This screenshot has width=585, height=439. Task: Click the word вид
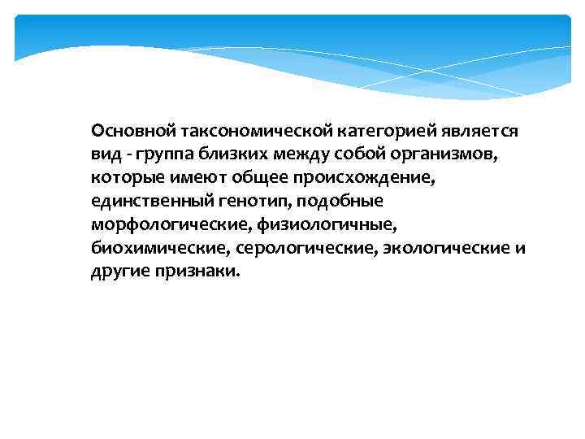[105, 154]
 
